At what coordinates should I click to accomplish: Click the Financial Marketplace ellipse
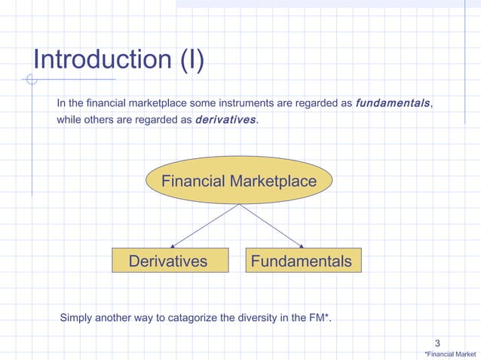coord(239,181)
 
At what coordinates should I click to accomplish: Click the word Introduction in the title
coord(101,59)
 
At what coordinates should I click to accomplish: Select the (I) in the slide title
coord(191,59)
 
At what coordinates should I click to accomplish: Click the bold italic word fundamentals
coord(393,102)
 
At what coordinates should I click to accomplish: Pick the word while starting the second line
coord(69,119)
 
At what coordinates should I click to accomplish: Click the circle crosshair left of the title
coord(31,79)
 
